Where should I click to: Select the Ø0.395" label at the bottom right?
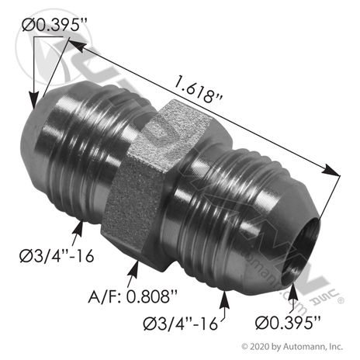point(288,323)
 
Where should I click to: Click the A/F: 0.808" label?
point(133,296)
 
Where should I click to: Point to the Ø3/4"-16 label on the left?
point(57,256)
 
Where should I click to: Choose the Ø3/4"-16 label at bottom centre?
point(181,323)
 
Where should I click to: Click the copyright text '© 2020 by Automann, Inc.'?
point(292,346)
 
